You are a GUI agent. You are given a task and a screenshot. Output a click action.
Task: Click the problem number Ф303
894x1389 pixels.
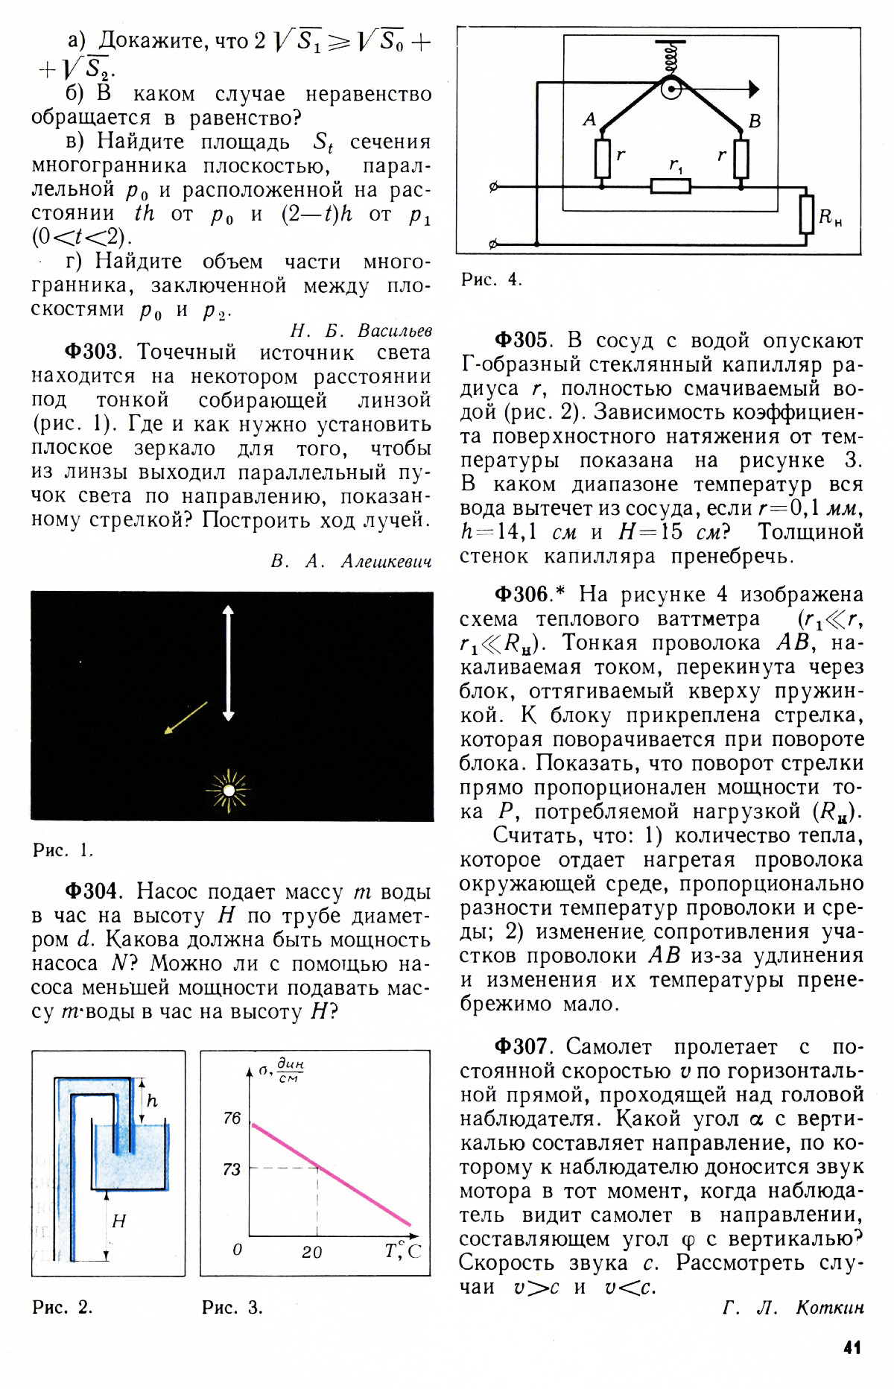(91, 352)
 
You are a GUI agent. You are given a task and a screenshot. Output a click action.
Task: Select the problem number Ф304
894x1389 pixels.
(91, 891)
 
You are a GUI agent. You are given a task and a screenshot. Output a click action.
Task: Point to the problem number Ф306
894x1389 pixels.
(521, 594)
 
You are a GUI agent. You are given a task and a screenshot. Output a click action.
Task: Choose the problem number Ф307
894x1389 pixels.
(521, 1047)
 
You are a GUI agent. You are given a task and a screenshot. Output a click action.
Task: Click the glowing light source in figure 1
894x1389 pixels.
(229, 790)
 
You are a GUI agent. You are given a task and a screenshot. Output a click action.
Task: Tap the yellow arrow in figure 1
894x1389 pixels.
(186, 718)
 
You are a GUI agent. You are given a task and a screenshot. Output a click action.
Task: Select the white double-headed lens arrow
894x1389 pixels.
(229, 663)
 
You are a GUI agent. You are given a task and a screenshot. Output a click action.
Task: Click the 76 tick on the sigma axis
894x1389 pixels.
(232, 1118)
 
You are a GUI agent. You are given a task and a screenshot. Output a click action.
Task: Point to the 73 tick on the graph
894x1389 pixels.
(232, 1169)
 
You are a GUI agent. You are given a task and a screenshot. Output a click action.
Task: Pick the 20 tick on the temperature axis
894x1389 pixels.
(312, 1253)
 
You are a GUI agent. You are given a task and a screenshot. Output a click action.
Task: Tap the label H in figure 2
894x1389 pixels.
(118, 1221)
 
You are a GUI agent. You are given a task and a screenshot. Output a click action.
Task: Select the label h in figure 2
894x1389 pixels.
(152, 1101)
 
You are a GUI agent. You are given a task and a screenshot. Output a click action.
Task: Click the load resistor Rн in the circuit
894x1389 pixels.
(806, 215)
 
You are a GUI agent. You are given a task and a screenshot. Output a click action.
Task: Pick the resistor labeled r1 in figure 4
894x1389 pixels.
(670, 186)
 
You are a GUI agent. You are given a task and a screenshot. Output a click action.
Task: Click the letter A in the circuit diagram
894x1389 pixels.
(589, 119)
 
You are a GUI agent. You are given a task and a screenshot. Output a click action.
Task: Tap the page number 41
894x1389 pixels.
(852, 1347)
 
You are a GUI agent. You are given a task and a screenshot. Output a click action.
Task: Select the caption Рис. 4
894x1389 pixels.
(491, 279)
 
